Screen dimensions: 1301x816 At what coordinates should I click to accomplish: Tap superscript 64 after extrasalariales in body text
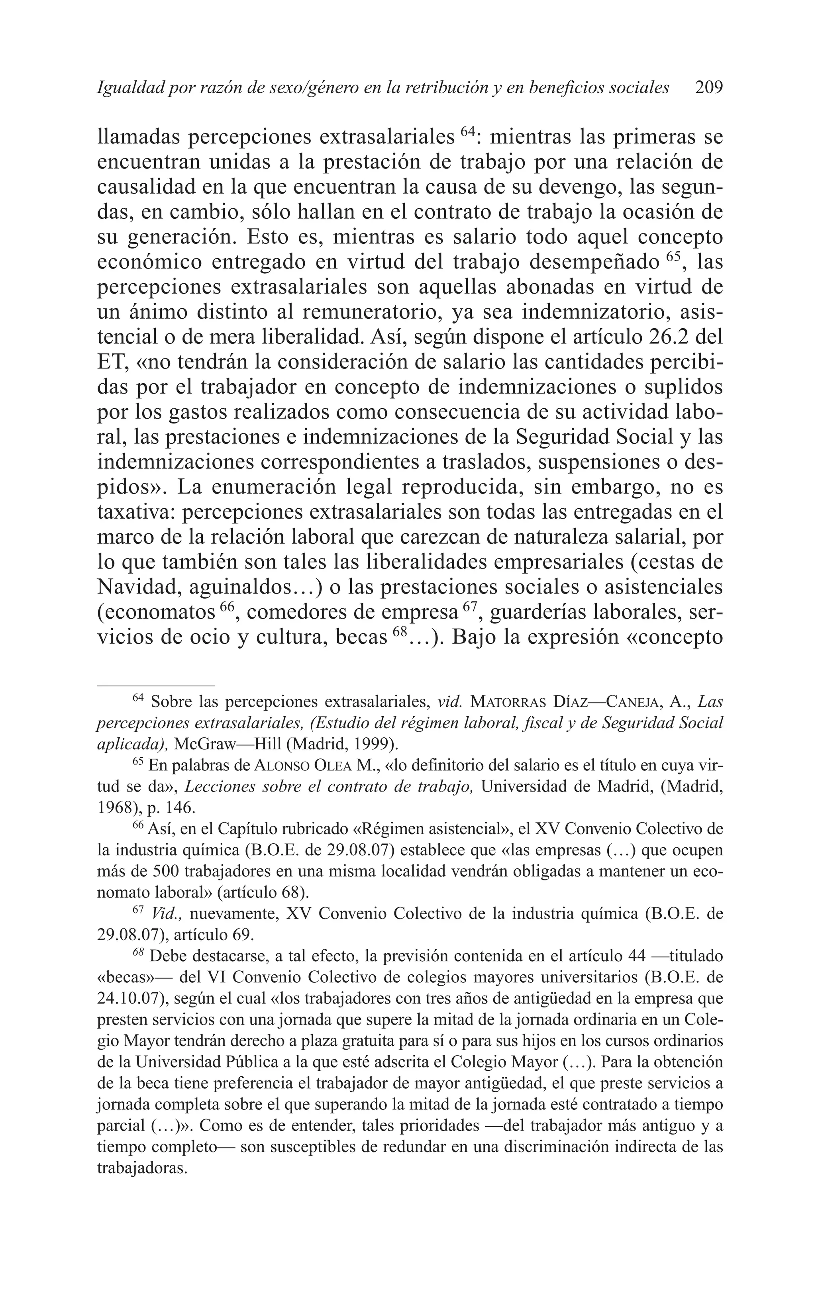click(468, 131)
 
